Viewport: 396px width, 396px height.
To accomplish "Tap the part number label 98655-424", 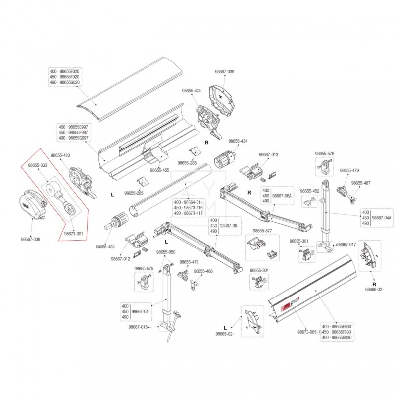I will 192,91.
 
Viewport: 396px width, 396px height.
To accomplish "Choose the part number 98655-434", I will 238,141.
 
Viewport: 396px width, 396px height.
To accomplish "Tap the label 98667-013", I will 269,154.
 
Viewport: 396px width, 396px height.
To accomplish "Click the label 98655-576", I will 325,154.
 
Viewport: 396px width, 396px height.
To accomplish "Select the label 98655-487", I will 361,183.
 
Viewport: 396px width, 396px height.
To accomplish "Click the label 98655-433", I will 105,247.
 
